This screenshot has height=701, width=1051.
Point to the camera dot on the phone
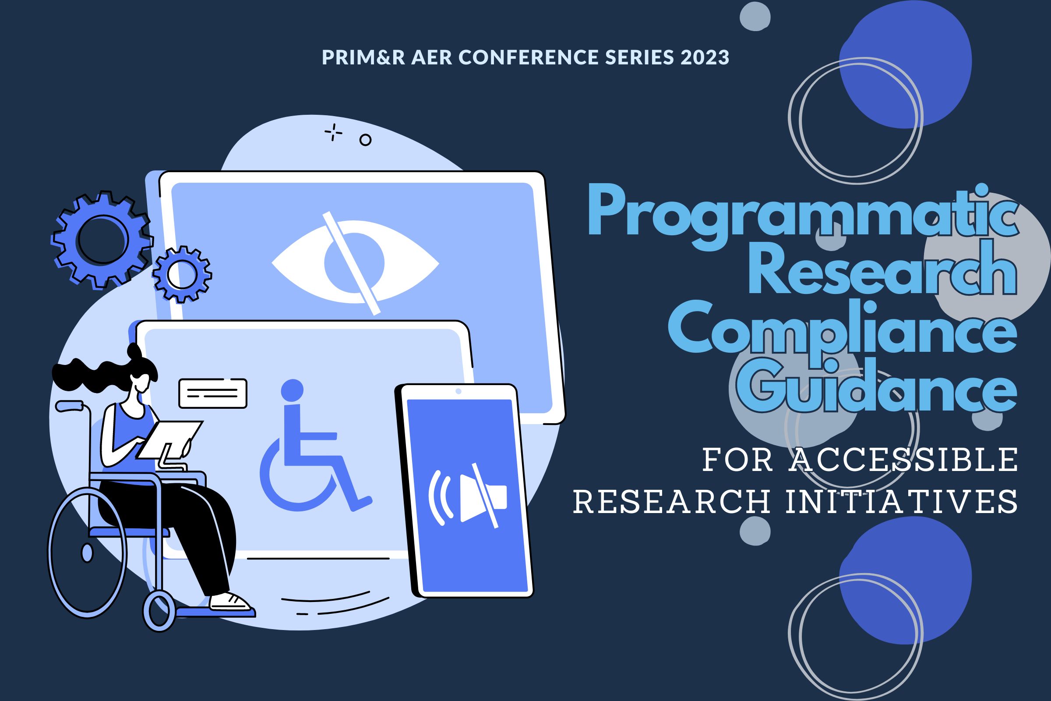[x=458, y=392]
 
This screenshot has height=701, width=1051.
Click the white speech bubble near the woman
[x=213, y=393]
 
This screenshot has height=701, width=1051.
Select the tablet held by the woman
[x=170, y=439]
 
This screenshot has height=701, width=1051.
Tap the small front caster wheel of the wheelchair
[x=159, y=611]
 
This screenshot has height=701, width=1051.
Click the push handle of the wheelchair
[x=69, y=406]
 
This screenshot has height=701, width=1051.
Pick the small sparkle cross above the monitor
[x=333, y=133]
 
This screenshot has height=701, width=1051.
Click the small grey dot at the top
[x=755, y=16]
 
